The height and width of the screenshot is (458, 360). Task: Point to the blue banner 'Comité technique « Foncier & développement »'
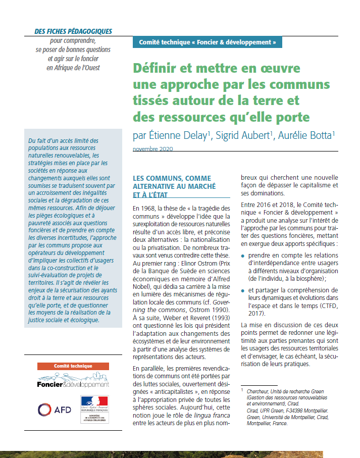click(x=207, y=42)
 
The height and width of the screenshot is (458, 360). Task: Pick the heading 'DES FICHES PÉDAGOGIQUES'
click(x=73, y=31)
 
